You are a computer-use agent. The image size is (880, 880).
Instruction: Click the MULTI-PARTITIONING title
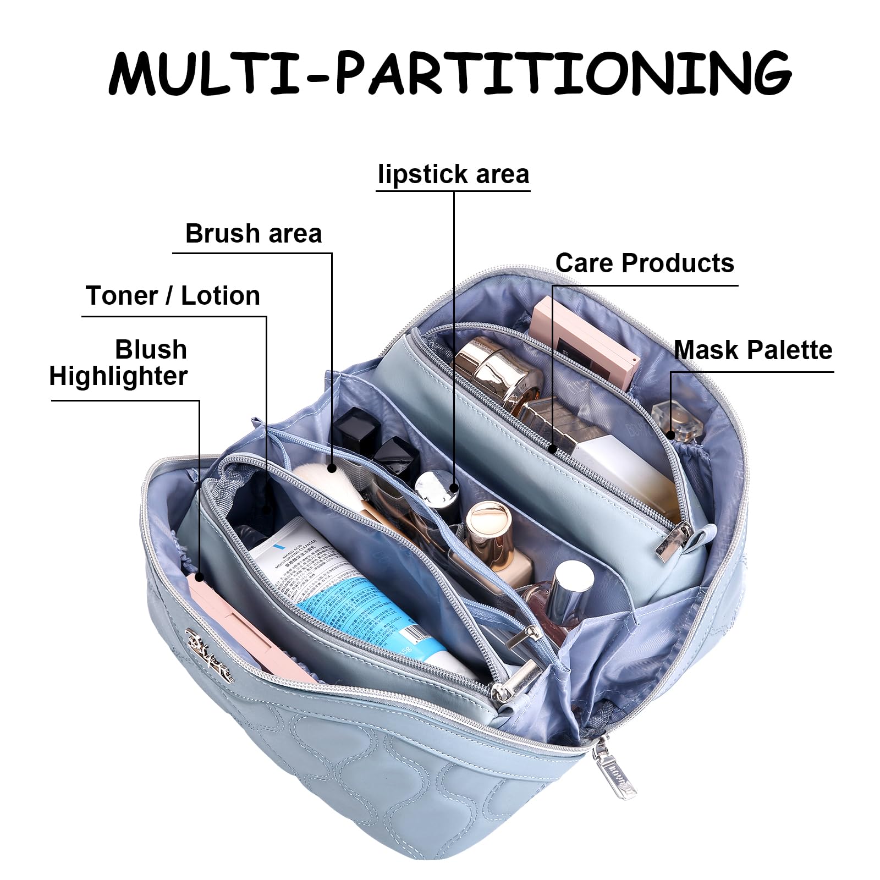450,73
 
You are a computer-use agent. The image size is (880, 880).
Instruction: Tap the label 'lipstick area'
453,174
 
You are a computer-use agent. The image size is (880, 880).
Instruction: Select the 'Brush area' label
254,234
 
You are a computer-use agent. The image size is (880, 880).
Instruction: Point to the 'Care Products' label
645,263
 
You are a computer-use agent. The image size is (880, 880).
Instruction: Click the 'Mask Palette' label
752,350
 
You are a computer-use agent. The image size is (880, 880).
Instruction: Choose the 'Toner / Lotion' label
173,296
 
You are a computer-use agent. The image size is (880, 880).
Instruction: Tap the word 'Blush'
151,350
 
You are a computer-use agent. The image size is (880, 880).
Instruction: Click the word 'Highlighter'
118,377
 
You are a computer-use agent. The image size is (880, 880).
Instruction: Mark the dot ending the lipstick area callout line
454,487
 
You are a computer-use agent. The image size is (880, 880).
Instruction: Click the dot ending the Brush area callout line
332,469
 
